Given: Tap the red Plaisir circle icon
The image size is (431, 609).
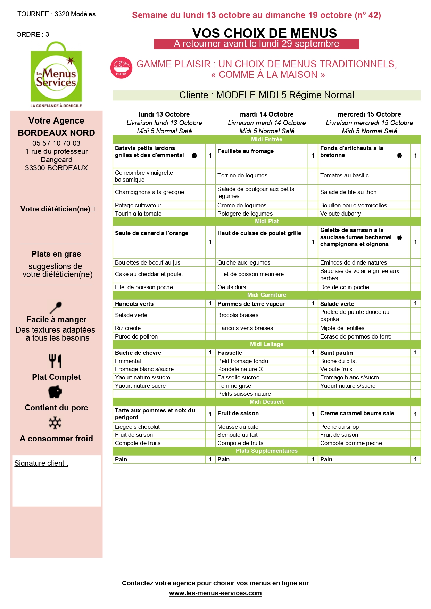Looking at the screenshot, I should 121,68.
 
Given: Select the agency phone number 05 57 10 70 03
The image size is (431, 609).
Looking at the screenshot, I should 56,143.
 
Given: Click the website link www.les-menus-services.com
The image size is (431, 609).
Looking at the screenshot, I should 215,593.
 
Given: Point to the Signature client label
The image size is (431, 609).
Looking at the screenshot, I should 41,463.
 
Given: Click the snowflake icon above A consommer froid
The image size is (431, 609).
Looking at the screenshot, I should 55,423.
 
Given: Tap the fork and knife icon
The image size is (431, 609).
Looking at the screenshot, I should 55,361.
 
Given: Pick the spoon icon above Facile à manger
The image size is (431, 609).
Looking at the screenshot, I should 56,307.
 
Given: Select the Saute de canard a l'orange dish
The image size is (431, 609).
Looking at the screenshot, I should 151,233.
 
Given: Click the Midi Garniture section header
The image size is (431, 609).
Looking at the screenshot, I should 266,295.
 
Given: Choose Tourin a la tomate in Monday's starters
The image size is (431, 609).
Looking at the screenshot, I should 138,214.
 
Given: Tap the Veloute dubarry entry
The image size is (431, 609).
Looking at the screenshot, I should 340,214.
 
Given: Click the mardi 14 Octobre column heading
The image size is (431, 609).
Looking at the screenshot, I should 266,114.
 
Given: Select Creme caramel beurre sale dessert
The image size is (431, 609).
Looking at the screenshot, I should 357,413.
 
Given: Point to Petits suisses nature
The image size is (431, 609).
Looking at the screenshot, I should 244,394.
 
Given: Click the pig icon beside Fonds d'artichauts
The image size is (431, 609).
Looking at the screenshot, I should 400,156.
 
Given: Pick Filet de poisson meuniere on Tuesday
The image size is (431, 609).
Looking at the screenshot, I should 250,274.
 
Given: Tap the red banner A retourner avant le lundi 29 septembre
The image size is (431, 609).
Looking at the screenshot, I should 256,44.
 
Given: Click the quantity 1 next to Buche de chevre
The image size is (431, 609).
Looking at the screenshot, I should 210,352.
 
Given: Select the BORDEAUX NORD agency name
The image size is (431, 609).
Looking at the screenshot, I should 56,133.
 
